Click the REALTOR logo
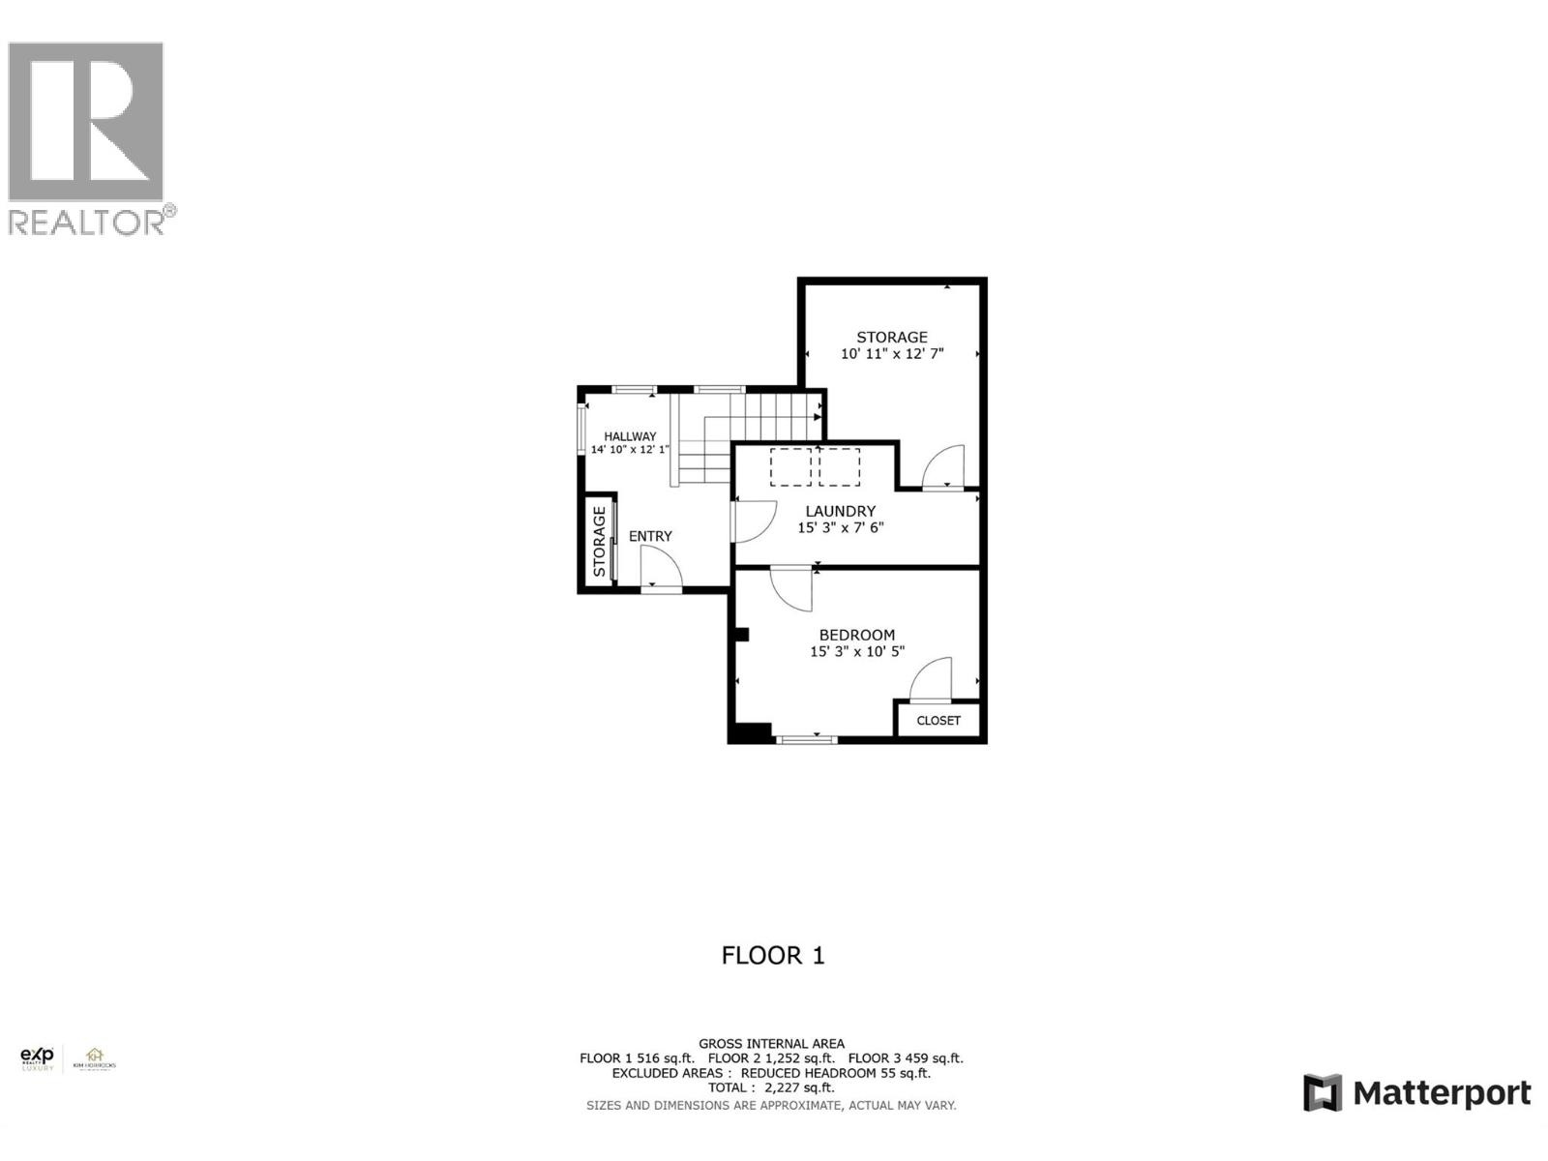(x=92, y=135)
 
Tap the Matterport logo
(x=1416, y=1093)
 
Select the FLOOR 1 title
(x=773, y=956)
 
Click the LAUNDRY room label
(x=841, y=511)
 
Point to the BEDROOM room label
(x=857, y=635)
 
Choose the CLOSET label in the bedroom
(x=938, y=721)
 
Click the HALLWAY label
(x=630, y=436)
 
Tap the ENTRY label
(x=650, y=536)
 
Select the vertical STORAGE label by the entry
(x=600, y=542)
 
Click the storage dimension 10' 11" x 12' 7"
(x=892, y=354)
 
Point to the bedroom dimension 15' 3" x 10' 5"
(x=857, y=652)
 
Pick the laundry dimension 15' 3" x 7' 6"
(x=841, y=528)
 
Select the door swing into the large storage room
(x=944, y=467)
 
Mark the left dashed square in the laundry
(x=790, y=467)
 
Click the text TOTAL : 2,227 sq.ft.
(x=771, y=1087)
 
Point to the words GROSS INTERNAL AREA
(x=771, y=1044)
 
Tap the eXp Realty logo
(x=39, y=1059)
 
